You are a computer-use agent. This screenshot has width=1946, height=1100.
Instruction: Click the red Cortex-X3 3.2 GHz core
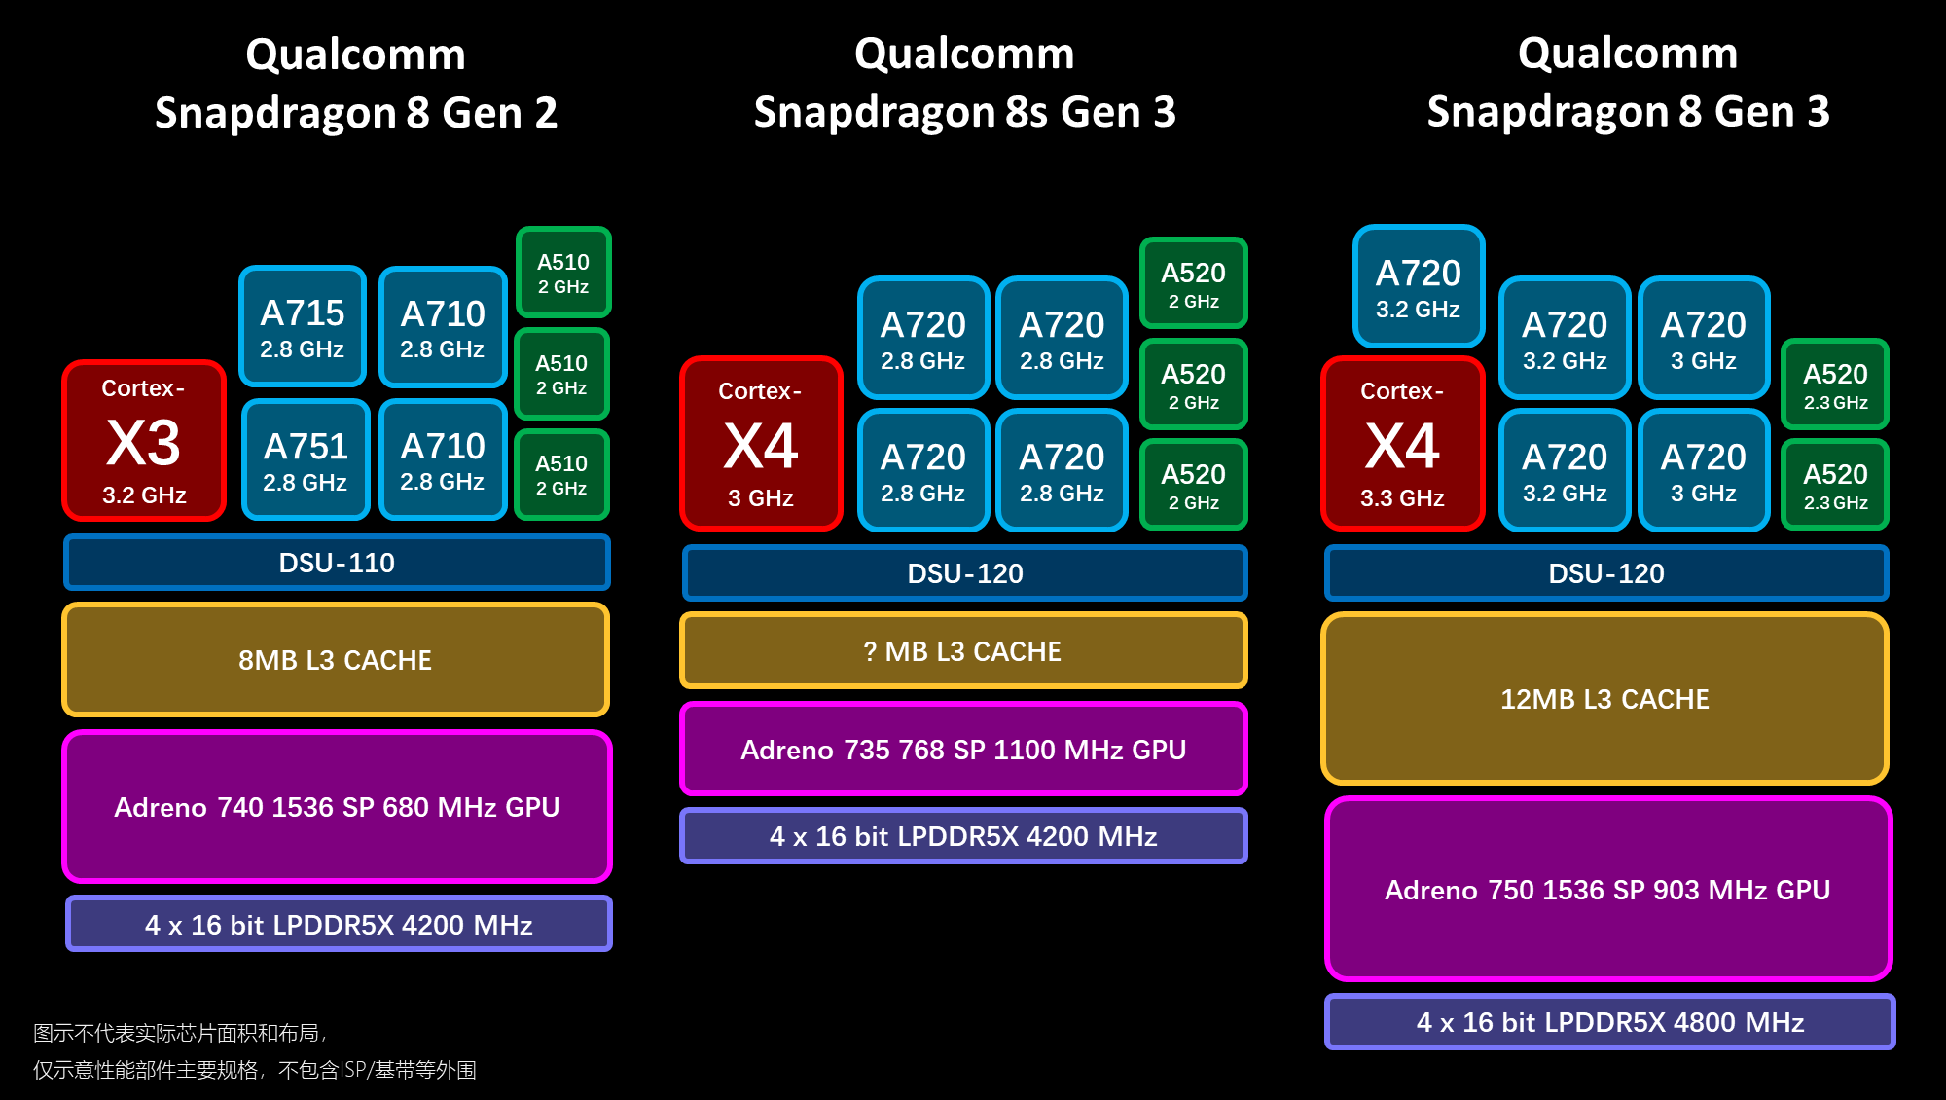[x=144, y=441]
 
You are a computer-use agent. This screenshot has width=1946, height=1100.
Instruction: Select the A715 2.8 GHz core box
[x=303, y=327]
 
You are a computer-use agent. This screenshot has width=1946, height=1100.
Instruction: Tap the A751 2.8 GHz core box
[x=306, y=459]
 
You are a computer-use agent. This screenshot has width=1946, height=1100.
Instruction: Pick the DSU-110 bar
[x=337, y=563]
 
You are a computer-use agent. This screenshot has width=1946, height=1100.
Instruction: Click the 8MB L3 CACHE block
[x=336, y=660]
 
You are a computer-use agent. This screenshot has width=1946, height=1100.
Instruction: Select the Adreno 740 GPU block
[x=337, y=807]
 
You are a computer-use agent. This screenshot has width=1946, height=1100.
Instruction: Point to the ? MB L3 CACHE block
[x=963, y=651]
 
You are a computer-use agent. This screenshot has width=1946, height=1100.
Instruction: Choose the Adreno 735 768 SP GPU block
[x=963, y=750]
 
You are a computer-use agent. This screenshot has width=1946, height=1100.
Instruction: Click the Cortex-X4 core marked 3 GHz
[x=761, y=444]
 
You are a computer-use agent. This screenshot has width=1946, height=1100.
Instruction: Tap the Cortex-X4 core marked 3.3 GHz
[x=1402, y=444]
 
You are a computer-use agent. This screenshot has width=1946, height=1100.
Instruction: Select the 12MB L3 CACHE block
[x=1604, y=699]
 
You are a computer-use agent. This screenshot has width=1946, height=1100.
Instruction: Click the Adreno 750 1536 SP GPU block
[x=1607, y=890]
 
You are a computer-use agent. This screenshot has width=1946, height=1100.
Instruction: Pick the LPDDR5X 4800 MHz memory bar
[x=1609, y=1022]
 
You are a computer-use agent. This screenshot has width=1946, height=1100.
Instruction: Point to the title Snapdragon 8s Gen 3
[x=964, y=112]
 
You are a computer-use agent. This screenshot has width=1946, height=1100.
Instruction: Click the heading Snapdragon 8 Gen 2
[x=356, y=113]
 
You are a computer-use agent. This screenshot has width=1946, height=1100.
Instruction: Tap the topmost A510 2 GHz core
[x=563, y=273]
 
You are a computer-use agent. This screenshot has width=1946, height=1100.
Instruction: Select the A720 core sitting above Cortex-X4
[x=1419, y=286]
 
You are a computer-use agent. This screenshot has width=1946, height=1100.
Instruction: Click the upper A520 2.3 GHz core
[x=1835, y=385]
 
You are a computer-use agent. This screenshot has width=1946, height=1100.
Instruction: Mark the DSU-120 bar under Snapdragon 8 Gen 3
[x=1605, y=573]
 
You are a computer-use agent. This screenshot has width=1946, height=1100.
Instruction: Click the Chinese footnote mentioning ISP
[x=255, y=1070]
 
